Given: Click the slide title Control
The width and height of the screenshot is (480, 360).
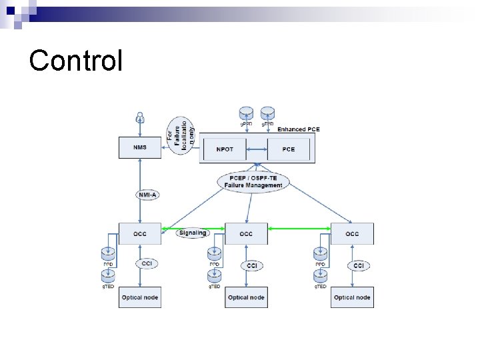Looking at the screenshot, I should pos(76,60).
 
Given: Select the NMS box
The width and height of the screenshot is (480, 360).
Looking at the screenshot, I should pos(140,148).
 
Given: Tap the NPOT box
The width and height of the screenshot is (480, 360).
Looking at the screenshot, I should pos(225,149).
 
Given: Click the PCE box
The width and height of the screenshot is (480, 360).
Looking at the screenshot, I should pos(289,149).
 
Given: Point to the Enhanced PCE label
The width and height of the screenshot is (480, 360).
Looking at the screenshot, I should pos(299,129).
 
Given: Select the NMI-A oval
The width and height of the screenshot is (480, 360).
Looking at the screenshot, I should pos(147,195).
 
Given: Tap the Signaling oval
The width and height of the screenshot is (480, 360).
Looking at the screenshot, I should pos(193,233).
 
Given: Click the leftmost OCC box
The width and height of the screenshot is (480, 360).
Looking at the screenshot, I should pos(140,234).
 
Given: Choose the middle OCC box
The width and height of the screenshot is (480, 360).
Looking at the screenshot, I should pos(246,234).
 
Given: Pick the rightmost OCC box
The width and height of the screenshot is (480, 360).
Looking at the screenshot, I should pos(353,234).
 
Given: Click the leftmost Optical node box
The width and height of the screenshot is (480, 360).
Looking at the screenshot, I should pos(140,297).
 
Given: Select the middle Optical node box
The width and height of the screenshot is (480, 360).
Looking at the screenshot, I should pos(246,297).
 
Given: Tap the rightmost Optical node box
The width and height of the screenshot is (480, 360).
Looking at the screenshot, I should pos(353,297).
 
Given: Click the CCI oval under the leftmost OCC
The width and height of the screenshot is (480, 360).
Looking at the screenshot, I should pos(147,264).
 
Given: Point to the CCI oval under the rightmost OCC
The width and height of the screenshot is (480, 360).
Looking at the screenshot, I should pos(359,265).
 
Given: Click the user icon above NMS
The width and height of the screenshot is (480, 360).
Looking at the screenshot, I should pos(140,117).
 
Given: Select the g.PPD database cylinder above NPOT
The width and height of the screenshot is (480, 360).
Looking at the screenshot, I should pos(247,113).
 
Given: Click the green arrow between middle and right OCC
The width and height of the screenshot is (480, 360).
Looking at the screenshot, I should pos(299,229).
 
